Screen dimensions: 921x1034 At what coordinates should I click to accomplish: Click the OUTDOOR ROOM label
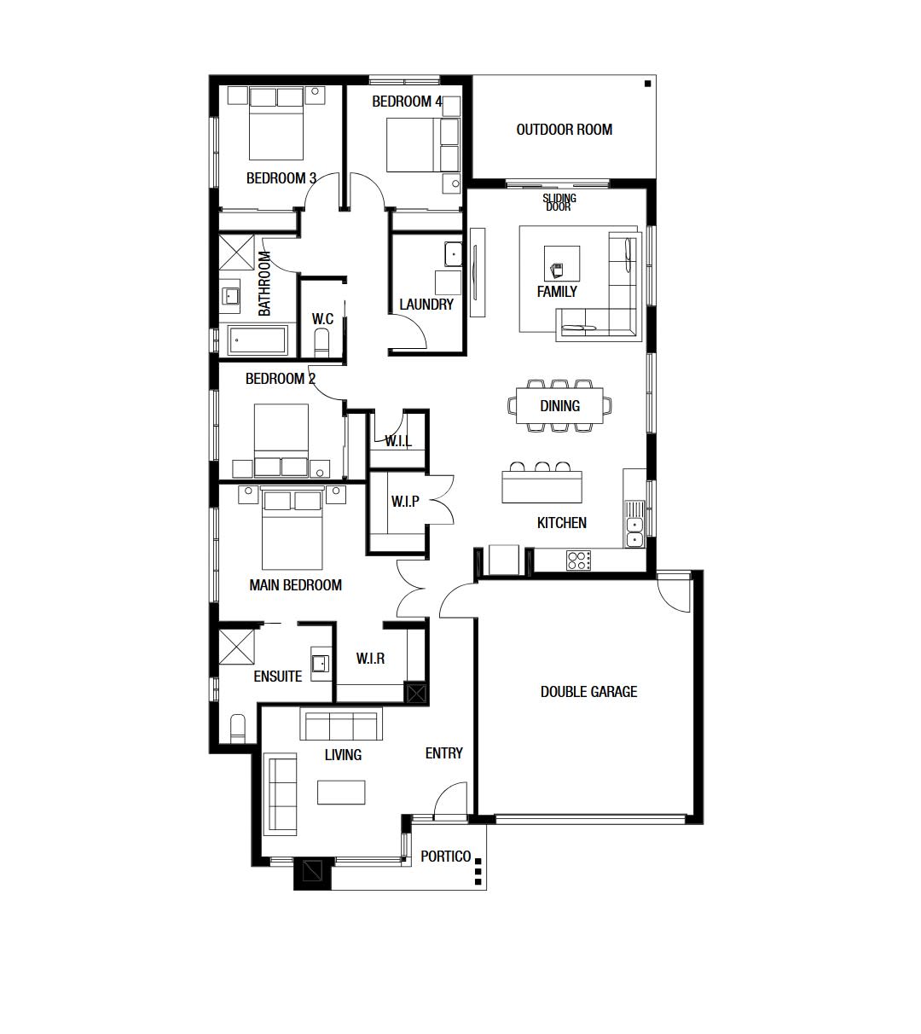[564, 130]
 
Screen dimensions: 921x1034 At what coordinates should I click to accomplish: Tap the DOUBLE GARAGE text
[588, 692]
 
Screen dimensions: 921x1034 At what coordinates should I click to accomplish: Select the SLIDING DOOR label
[559, 202]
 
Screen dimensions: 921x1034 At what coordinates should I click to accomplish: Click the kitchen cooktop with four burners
[579, 560]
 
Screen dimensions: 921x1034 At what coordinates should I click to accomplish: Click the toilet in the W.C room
[321, 342]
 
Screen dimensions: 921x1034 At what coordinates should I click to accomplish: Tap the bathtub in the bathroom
[258, 340]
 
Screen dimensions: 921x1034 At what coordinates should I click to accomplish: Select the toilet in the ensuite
[238, 729]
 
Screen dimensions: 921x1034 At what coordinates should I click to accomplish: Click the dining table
[559, 406]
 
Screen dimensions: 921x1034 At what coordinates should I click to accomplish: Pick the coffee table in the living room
[341, 793]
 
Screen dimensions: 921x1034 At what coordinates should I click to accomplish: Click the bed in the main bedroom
[292, 528]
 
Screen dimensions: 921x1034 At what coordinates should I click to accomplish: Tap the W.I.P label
[405, 502]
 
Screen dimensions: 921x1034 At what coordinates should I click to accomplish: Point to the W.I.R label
[370, 659]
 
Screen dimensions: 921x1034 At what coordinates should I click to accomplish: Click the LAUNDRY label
[426, 305]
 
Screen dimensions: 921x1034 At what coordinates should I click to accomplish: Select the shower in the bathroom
[236, 252]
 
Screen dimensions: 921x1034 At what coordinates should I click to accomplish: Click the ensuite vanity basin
[321, 664]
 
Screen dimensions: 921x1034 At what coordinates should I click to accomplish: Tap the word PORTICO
[445, 857]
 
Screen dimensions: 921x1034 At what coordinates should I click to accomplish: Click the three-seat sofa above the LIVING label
[341, 724]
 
